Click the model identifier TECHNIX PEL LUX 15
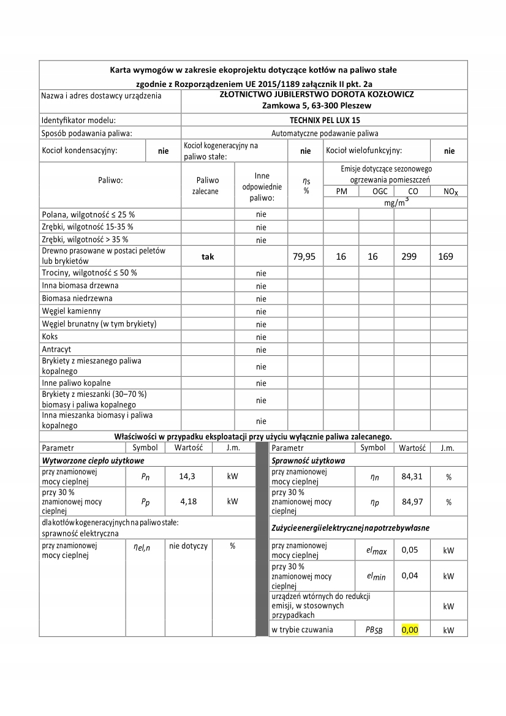pos(325,120)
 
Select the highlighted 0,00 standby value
pos(409,629)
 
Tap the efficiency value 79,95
pos(302,257)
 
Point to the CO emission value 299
pos(412,257)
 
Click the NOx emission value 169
pos(445,257)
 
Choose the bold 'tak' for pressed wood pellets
pos(207,257)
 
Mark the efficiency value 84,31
pos(412,476)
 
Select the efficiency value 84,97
pos(412,502)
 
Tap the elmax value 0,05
pos(409,550)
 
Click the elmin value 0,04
pos(409,575)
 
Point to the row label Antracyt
pos(57,349)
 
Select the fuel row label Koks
pos(50,336)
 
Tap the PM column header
pos(341,192)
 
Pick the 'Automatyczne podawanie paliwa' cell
pos(325,133)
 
